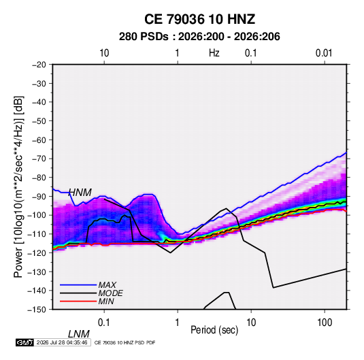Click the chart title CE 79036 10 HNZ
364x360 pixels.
[199, 19]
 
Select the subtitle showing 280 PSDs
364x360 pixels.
[199, 37]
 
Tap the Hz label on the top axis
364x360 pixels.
[214, 53]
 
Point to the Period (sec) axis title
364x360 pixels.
[214, 330]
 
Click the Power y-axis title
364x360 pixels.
[18, 187]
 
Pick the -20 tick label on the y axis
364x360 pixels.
[39, 65]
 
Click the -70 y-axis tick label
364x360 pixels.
[39, 159]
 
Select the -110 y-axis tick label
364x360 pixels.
[37, 234]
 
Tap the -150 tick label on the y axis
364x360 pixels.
[37, 310]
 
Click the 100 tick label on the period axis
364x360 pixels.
[325, 323]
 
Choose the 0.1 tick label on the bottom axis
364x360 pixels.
[104, 323]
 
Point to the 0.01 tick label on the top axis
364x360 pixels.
[324, 53]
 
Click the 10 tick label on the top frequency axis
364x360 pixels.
[104, 53]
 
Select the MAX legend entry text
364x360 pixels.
[107, 284]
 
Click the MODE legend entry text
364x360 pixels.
[110, 293]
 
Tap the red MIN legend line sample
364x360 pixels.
[78, 301]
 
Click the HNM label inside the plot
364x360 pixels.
[80, 193]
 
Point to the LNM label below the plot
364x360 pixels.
[79, 334]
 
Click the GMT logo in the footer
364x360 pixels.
[24, 342]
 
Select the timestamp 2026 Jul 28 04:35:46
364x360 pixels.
[62, 342]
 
